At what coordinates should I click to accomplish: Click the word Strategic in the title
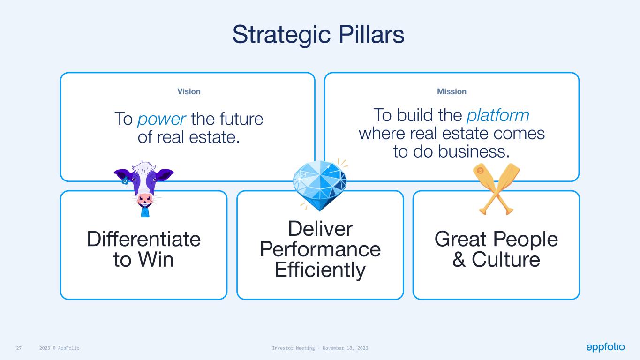point(282,35)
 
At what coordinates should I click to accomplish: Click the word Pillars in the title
point(371,34)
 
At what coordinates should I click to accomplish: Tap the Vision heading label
point(189,91)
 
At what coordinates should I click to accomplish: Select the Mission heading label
point(452,91)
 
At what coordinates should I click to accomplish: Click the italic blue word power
point(162,119)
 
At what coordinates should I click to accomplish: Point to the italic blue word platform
point(498,115)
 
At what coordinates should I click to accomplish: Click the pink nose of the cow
point(144,198)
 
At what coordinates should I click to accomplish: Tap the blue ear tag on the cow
point(125,181)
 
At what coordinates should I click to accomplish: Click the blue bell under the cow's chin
point(145,212)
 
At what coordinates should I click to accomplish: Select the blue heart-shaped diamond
point(319,185)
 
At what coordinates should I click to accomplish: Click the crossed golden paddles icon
point(496,189)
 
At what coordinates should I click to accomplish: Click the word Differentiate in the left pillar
point(144,239)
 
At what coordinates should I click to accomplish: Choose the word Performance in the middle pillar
point(320,249)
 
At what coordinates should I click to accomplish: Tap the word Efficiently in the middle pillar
point(320,270)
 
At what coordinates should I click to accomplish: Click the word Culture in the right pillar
point(506,259)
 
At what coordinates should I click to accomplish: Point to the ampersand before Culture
point(459,259)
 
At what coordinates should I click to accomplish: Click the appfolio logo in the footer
point(605,347)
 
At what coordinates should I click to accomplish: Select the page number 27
point(19,348)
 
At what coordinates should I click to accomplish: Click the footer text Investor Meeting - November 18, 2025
point(320,348)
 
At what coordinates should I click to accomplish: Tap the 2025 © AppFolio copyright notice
point(60,348)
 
